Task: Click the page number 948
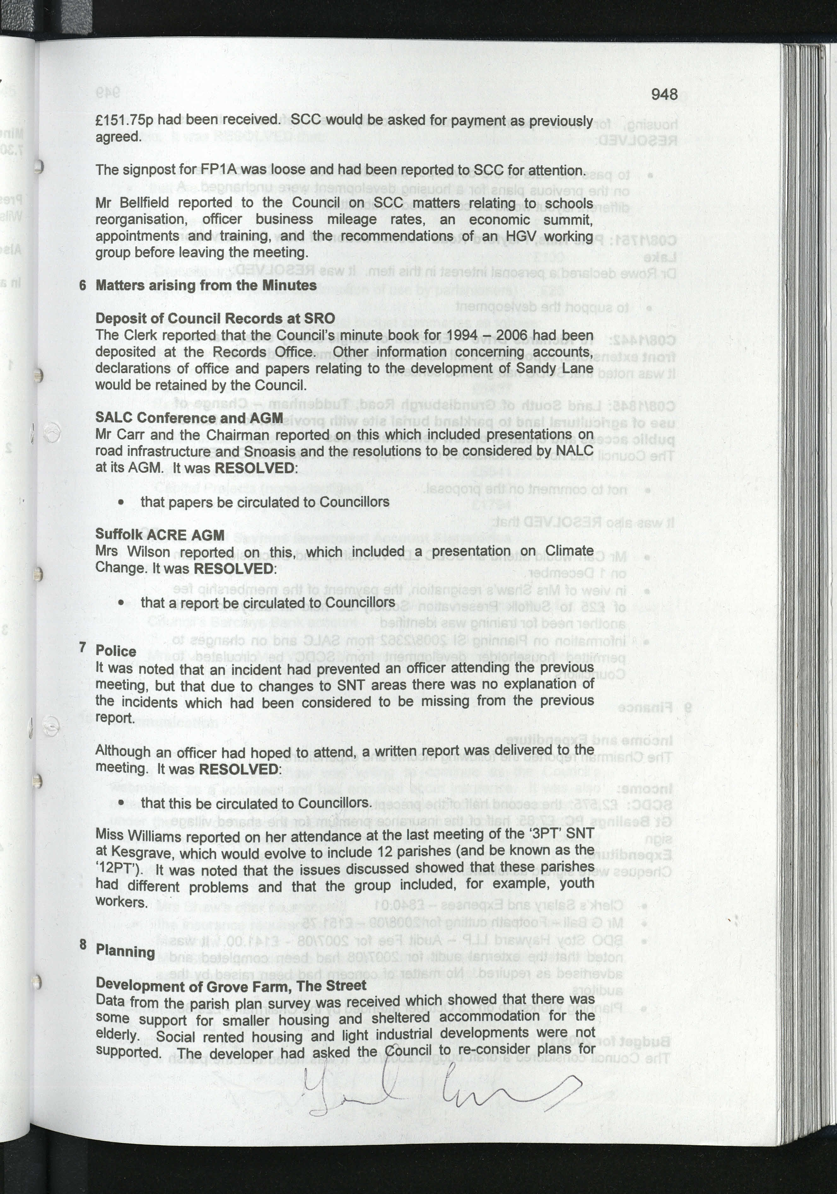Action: click(664, 94)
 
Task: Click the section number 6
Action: click(83, 286)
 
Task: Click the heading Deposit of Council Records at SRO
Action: click(215, 318)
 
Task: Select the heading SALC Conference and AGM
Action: click(189, 417)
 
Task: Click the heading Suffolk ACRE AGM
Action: click(160, 535)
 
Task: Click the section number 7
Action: click(83, 647)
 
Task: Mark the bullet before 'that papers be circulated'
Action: click(121, 502)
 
